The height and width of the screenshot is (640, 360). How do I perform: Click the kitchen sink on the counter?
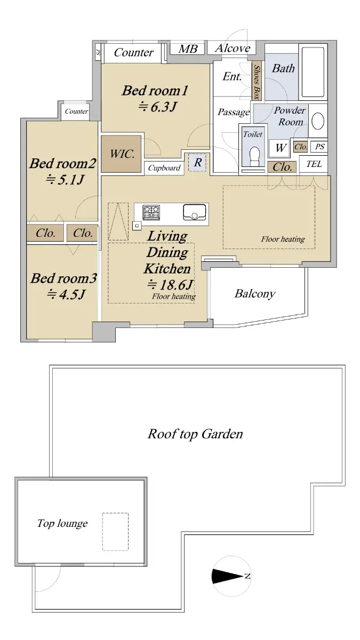(194, 212)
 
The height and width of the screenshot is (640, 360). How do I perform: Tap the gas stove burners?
(151, 212)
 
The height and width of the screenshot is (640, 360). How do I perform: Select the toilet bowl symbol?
(254, 157)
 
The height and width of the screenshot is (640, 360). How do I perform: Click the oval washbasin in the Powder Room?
(318, 121)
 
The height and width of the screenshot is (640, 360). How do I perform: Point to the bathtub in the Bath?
(313, 72)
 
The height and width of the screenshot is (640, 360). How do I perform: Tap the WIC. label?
(122, 154)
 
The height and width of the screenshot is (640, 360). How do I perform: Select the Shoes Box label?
(257, 82)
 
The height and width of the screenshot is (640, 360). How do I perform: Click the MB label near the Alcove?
(188, 49)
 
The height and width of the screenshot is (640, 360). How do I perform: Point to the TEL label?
(314, 164)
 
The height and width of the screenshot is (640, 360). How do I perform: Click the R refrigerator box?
(197, 163)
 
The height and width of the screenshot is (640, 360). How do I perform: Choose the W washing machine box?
(280, 148)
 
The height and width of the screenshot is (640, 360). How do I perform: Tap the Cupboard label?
(164, 168)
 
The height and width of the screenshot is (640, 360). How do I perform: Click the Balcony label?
(255, 294)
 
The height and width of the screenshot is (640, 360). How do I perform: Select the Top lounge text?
(62, 523)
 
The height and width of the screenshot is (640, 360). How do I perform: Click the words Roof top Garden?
(195, 434)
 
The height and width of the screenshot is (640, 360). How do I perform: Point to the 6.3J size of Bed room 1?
(157, 107)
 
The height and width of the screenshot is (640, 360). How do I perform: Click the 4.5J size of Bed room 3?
(66, 294)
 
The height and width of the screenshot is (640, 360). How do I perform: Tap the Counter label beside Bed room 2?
(76, 111)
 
